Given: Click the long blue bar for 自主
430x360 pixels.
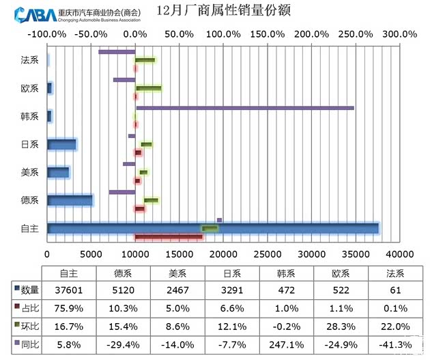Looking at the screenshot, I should (212, 228).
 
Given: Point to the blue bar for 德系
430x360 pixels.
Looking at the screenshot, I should (69, 200).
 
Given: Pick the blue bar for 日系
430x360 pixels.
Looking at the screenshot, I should (61, 144).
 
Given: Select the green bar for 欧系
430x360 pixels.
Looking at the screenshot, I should (149, 88).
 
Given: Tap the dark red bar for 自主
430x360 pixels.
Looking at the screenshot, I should (169, 237).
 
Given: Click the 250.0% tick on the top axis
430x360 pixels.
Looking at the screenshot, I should (356, 33).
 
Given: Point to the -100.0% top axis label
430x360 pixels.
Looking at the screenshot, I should (47, 33).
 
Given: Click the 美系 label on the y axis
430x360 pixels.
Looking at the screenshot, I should (30, 172).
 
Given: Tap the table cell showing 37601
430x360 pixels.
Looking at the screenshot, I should (68, 290).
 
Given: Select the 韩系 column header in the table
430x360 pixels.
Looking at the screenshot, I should (287, 273).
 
